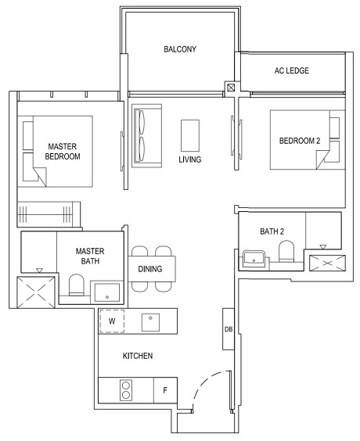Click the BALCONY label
[179, 49]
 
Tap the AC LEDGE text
[292, 70]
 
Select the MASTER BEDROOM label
[63, 151]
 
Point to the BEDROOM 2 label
[300, 141]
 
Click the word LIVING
[190, 160]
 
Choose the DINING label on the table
[151, 267]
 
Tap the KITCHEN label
[137, 356]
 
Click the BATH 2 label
[272, 231]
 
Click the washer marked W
[112, 321]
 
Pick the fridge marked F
[165, 389]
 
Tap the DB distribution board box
[229, 329]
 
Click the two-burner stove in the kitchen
[126, 389]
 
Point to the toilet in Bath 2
[286, 253]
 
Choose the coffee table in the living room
[190, 134]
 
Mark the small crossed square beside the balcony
[230, 88]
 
